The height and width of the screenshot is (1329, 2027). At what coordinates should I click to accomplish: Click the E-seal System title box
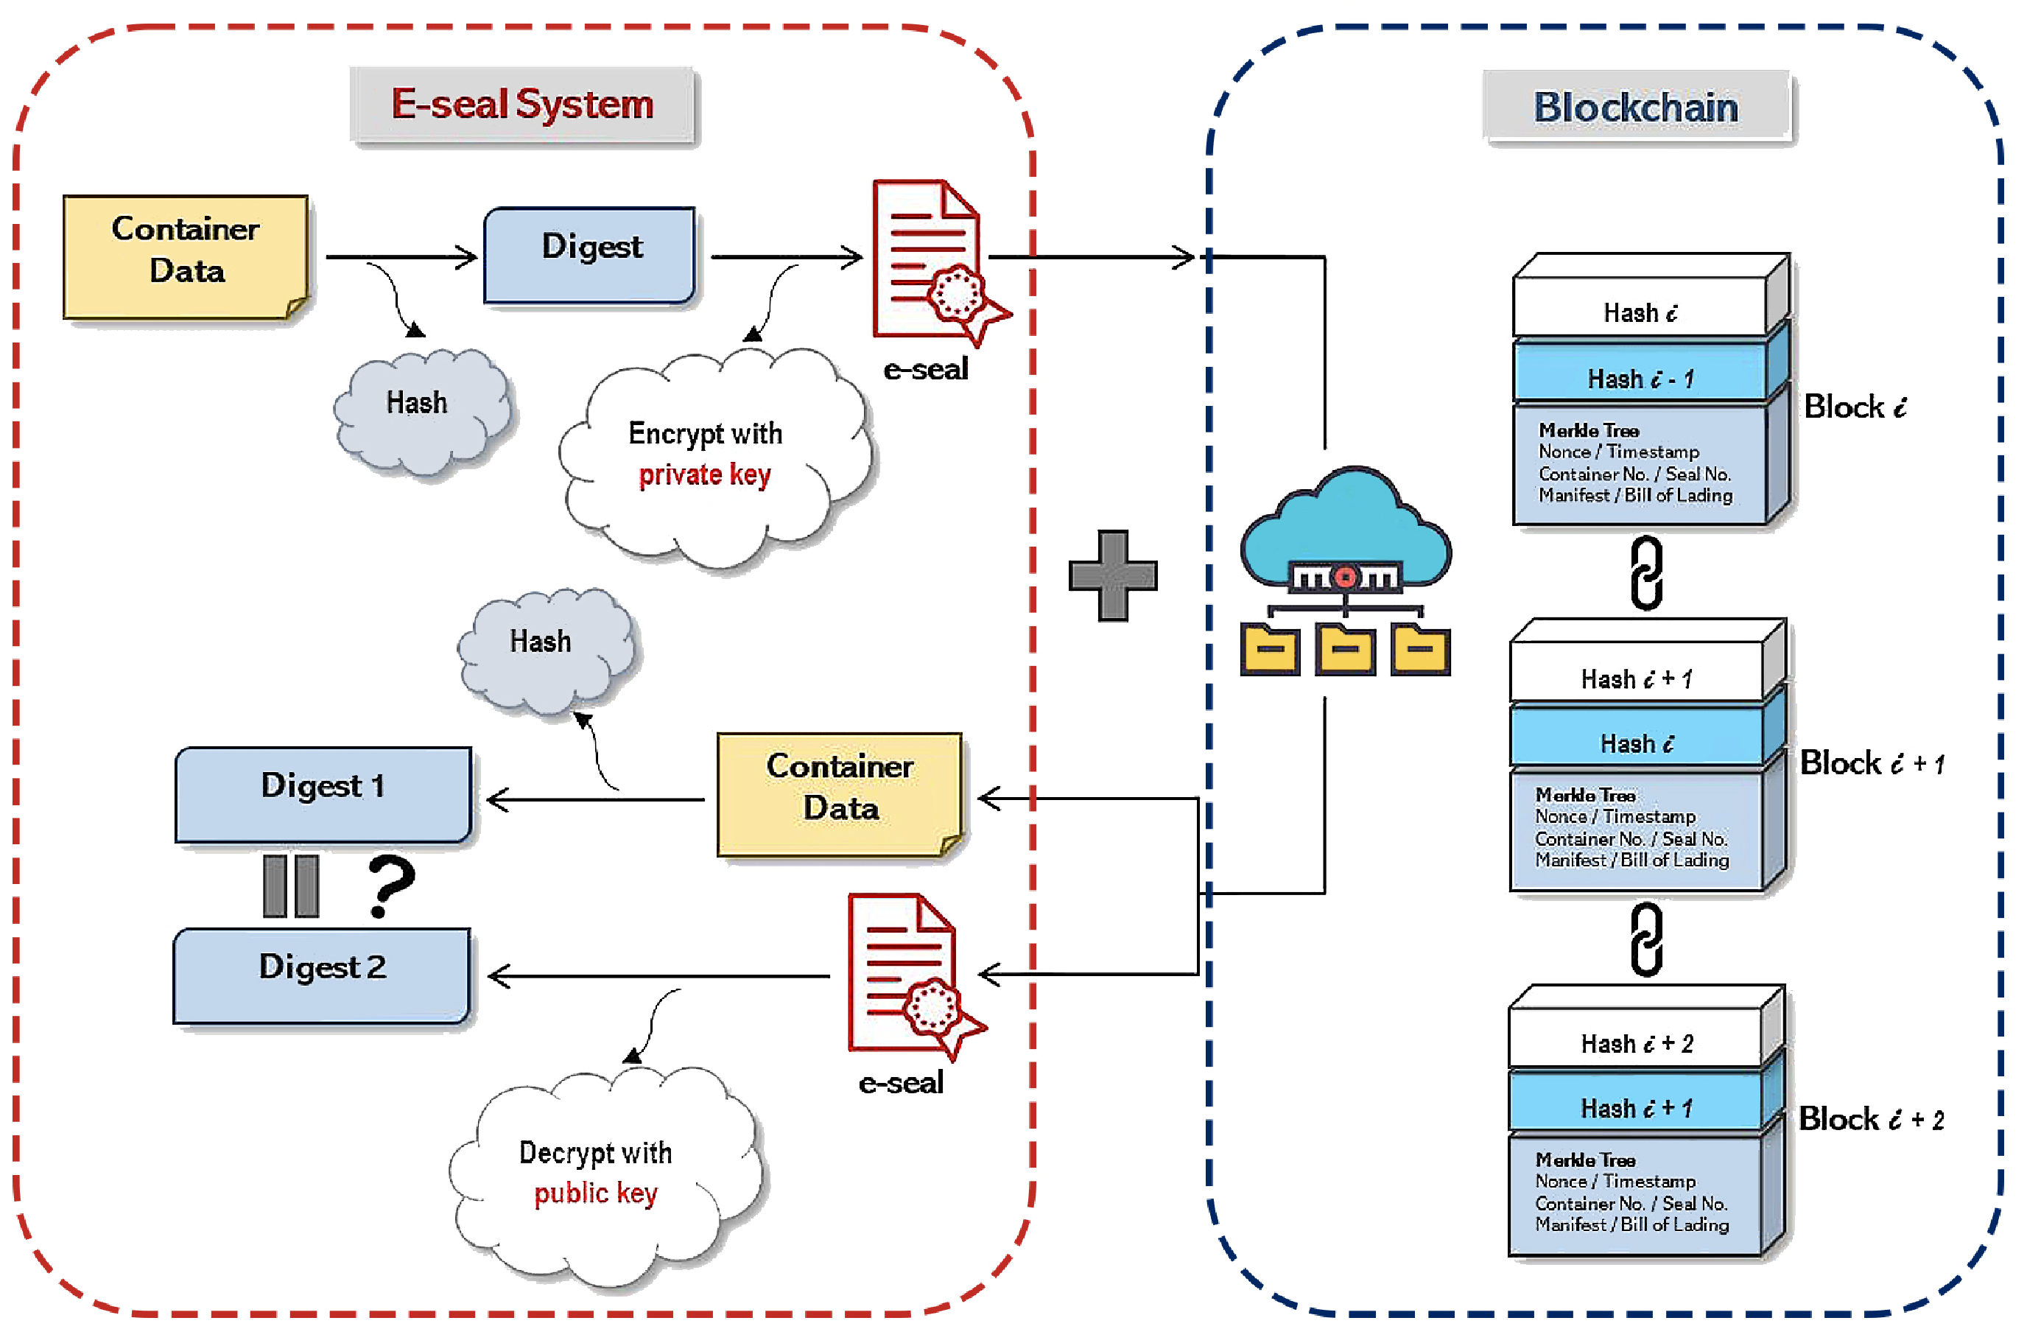(523, 105)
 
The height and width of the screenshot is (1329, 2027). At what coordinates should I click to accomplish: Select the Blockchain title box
(1635, 108)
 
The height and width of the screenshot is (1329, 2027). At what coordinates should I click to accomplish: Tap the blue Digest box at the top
(590, 254)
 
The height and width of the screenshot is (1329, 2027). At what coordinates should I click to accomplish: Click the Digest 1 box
(323, 793)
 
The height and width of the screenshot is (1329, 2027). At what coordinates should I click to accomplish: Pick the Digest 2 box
(321, 975)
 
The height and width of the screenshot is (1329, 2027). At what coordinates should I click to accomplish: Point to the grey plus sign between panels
(1112, 575)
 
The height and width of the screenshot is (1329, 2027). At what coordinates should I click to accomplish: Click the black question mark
(391, 886)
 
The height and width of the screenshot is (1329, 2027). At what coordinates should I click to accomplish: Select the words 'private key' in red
(704, 474)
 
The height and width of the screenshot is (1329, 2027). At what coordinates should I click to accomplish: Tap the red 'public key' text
(595, 1193)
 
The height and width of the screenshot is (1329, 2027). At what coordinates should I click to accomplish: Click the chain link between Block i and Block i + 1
(1646, 572)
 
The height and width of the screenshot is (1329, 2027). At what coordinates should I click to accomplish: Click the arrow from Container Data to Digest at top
(400, 256)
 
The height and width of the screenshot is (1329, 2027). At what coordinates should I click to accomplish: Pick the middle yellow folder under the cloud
(1345, 650)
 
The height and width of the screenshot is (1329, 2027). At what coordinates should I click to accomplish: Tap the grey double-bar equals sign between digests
(290, 886)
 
